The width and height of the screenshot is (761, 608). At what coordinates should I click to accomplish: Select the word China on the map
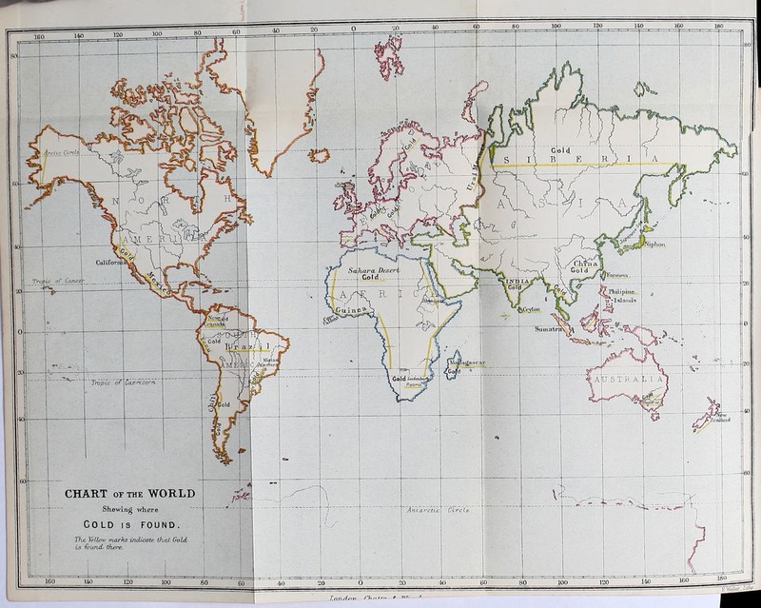583,263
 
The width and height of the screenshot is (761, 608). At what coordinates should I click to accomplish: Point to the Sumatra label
556,329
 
